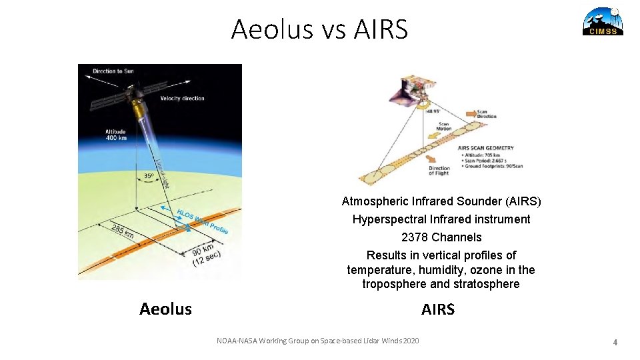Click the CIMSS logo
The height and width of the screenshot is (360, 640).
point(603,21)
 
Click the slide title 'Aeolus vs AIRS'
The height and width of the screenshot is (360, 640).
point(319,29)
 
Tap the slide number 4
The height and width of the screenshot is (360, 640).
point(615,342)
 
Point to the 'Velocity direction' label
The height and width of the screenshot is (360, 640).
point(182,98)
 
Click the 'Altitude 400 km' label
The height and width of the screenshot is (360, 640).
point(115,135)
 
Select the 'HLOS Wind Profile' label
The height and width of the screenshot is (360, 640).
point(203,221)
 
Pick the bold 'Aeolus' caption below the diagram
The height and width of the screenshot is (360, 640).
point(165,309)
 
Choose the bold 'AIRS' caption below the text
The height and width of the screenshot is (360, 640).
point(438,309)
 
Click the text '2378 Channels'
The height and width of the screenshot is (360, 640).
point(441,237)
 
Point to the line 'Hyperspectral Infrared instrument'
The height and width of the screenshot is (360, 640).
point(441,219)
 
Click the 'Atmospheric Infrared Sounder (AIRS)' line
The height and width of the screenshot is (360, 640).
point(441,201)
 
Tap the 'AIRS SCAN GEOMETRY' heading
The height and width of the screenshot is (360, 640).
point(485,148)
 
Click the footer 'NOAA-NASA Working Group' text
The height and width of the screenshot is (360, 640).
point(318,341)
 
